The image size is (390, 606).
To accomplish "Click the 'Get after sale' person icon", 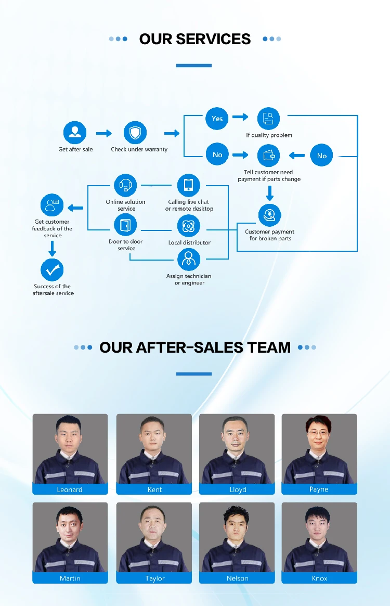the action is [x=75, y=133].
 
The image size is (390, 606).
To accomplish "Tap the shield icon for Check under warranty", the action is [x=135, y=133].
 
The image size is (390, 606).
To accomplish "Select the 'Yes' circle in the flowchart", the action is [x=217, y=119].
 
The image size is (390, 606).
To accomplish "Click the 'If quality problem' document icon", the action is [x=269, y=119].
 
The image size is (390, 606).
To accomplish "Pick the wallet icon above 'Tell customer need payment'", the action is [x=269, y=155].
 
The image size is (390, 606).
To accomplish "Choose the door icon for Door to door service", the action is [x=125, y=226].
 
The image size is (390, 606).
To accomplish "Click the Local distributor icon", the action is [x=188, y=226].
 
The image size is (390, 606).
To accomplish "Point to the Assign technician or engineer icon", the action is [x=188, y=260].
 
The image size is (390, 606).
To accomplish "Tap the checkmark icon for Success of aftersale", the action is [x=52, y=270].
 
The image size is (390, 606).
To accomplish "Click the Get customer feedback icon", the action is [x=52, y=204].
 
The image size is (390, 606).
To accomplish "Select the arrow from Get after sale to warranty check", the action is [x=104, y=134].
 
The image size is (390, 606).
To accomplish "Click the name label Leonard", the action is [x=70, y=489].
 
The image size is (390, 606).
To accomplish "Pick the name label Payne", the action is [x=319, y=489].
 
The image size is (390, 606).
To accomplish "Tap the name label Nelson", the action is [x=238, y=578].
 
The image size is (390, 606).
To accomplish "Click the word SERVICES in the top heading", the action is [x=213, y=39].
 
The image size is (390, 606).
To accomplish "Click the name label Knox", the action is [x=319, y=578].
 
